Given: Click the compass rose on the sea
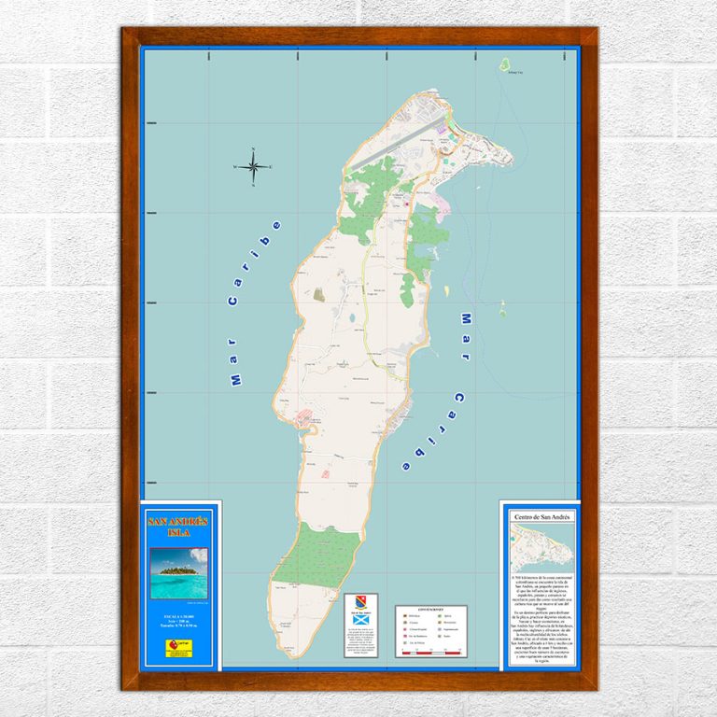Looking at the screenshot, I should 252,167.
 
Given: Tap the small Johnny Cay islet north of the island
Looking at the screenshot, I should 504,65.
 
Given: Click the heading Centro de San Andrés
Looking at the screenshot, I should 541,515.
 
